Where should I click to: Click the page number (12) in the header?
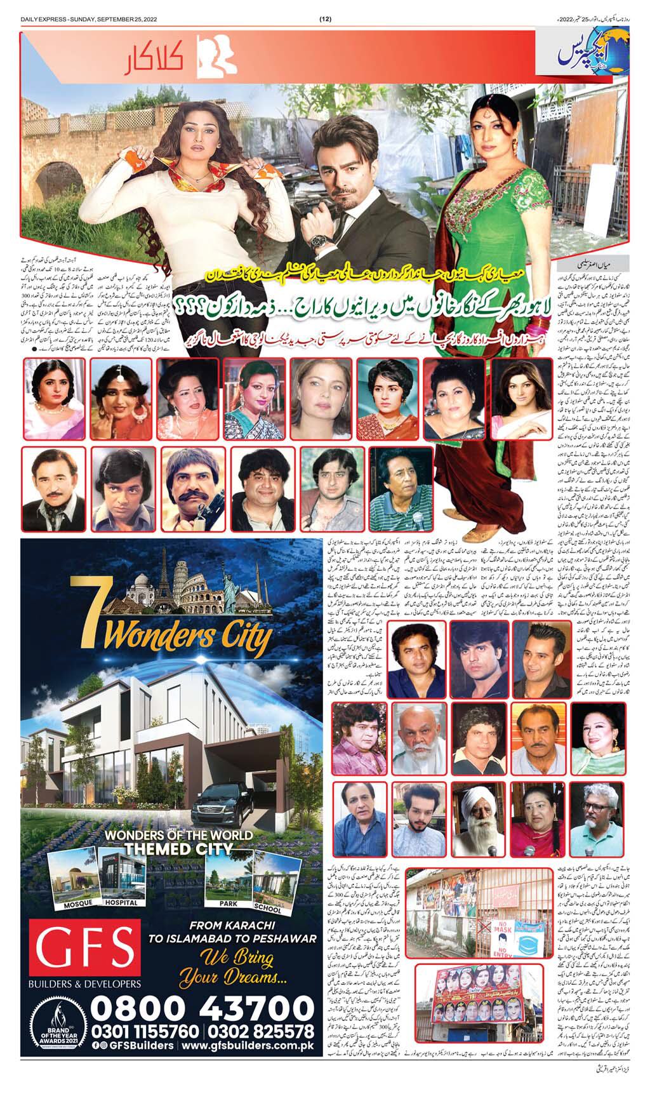[x=324, y=7]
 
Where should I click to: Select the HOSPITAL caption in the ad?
[x=121, y=902]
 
